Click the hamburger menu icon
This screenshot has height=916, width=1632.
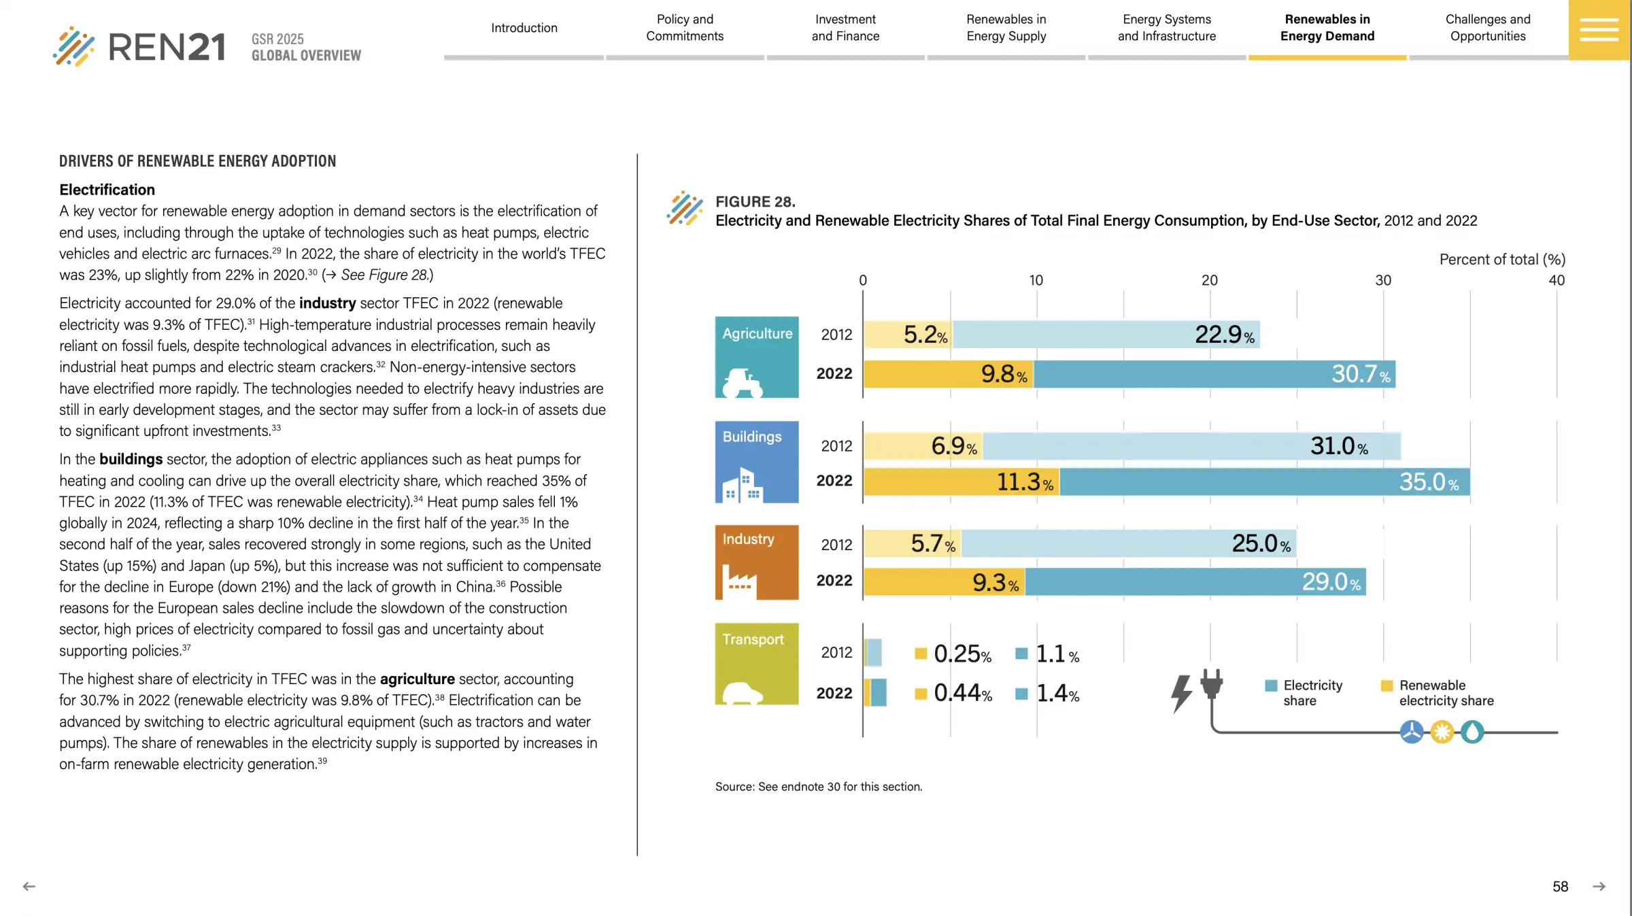tap(1599, 30)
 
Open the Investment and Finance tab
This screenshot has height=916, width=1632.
tap(845, 28)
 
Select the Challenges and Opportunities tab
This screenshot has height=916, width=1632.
tap(1488, 28)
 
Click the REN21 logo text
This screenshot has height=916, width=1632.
tap(167, 47)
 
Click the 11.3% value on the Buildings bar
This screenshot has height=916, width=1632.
tap(1024, 482)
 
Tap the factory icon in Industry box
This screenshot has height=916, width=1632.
tap(738, 581)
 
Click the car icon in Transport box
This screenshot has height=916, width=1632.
tap(742, 693)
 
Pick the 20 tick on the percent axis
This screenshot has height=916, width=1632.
tap(1209, 280)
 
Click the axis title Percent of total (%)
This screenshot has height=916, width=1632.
tap(1502, 259)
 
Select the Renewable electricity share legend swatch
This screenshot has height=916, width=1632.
tap(1387, 685)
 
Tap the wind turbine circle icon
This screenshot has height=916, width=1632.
tap(1412, 732)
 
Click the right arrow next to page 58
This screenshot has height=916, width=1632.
tap(1599, 887)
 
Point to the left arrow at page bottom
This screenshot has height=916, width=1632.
tap(29, 887)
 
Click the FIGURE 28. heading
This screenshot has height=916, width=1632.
tap(755, 202)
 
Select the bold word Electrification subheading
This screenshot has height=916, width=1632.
tap(107, 190)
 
